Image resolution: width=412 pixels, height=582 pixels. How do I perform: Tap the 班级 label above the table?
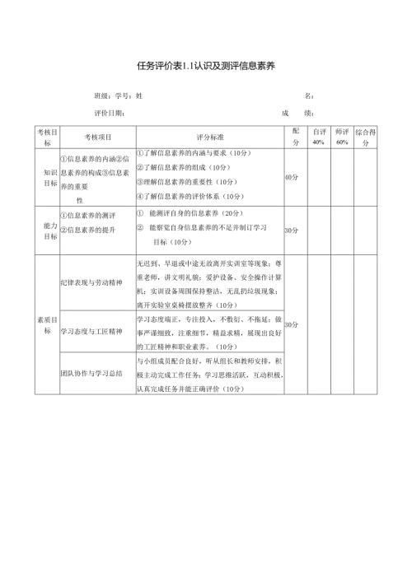(x=102, y=96)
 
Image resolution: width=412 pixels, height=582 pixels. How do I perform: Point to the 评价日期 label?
(x=109, y=114)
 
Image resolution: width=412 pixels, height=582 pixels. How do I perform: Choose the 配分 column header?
(x=295, y=137)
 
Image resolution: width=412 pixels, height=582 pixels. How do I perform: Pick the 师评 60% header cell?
(x=342, y=137)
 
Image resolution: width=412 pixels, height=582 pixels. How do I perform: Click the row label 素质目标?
(x=47, y=324)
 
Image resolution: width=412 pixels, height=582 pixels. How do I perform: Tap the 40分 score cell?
(x=291, y=177)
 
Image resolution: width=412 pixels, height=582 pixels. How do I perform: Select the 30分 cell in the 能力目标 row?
(x=291, y=230)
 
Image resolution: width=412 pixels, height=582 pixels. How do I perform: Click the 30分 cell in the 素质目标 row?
(x=291, y=324)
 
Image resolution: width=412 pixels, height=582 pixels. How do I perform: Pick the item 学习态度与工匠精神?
(x=91, y=331)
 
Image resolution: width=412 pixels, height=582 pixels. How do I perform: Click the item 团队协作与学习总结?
(x=91, y=373)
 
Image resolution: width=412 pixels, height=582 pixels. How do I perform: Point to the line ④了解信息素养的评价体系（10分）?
(x=190, y=196)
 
